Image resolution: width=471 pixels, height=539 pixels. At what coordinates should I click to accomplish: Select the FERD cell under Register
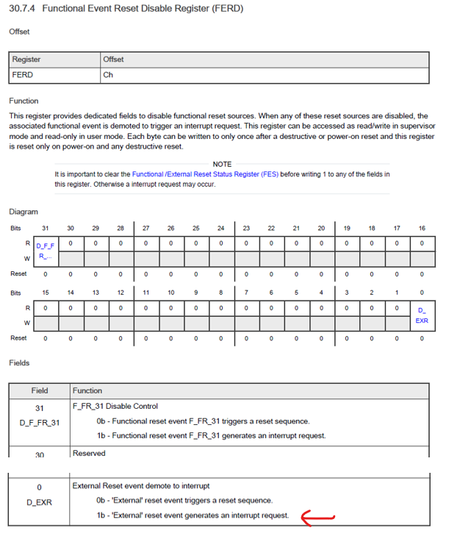pyautogui.click(x=23, y=75)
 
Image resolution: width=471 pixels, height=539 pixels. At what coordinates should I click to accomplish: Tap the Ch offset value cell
pyautogui.click(x=108, y=75)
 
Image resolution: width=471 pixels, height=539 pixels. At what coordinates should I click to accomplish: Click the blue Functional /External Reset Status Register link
pyautogui.click(x=205, y=174)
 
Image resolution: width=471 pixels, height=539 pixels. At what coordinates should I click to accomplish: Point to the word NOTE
pyautogui.click(x=222, y=164)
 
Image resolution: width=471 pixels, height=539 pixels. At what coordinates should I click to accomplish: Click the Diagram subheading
pyautogui.click(x=24, y=212)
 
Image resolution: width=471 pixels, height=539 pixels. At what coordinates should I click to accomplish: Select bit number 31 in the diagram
pyautogui.click(x=46, y=229)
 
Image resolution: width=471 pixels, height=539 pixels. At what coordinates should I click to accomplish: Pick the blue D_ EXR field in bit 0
pyautogui.click(x=422, y=315)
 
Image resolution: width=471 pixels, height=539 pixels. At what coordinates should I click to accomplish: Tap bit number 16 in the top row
pyautogui.click(x=422, y=229)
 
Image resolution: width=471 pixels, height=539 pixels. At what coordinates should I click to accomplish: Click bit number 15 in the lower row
pyautogui.click(x=46, y=293)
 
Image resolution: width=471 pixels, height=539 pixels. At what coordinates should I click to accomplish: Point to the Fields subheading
pyautogui.click(x=19, y=363)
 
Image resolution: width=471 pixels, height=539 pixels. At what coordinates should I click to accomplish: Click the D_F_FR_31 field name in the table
pyautogui.click(x=40, y=423)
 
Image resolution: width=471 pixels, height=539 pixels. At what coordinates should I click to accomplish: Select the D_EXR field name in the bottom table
pyautogui.click(x=39, y=502)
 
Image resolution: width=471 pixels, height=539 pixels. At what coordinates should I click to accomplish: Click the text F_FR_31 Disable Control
pyautogui.click(x=115, y=406)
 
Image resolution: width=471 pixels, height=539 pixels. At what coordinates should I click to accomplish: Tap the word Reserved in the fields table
pyautogui.click(x=89, y=453)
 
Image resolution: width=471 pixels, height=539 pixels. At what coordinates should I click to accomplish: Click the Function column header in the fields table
pyautogui.click(x=87, y=390)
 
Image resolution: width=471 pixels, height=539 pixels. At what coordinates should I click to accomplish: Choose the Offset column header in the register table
pyautogui.click(x=114, y=60)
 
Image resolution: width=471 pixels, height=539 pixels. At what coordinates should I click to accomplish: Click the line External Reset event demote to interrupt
pyautogui.click(x=140, y=485)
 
